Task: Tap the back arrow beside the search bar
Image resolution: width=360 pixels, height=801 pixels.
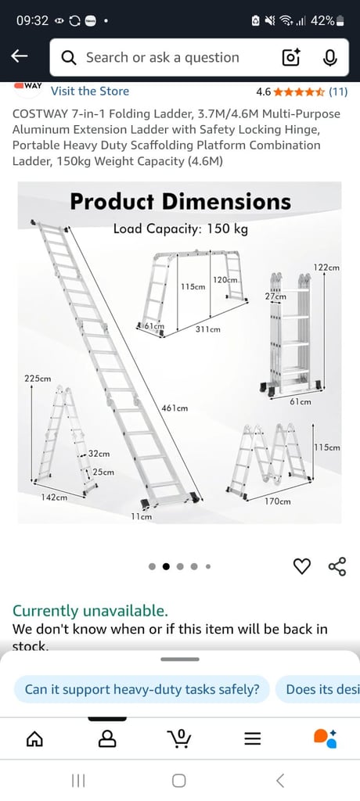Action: [20, 56]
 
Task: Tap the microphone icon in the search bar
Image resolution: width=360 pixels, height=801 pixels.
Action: [329, 57]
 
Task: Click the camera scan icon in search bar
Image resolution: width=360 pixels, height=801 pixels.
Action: [291, 57]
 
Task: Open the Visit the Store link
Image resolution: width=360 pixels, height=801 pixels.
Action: [89, 92]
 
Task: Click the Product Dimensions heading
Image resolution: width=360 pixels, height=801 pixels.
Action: [180, 201]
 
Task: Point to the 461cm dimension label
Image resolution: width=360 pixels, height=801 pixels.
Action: [174, 408]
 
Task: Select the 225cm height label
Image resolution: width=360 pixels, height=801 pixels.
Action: [38, 379]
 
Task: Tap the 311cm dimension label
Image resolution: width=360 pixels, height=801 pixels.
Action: [207, 329]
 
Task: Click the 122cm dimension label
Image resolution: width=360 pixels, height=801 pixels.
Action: [326, 268]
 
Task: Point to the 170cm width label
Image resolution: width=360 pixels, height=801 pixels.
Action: [277, 501]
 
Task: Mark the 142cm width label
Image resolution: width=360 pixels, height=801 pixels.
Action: [54, 497]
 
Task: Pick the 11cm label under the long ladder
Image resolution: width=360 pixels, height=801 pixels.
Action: [141, 516]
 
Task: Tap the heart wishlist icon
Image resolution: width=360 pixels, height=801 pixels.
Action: [301, 566]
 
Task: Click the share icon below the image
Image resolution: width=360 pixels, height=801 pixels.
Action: [337, 566]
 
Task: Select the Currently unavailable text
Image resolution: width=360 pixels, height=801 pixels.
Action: [90, 611]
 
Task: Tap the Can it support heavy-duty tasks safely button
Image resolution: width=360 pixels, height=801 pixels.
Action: [142, 689]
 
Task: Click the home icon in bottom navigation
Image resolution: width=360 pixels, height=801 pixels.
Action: [34, 738]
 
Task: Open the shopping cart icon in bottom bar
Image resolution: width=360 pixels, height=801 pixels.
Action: [179, 738]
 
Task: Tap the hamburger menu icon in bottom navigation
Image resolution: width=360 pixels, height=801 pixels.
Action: [252, 738]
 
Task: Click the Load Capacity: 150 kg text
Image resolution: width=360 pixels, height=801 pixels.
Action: [180, 229]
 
